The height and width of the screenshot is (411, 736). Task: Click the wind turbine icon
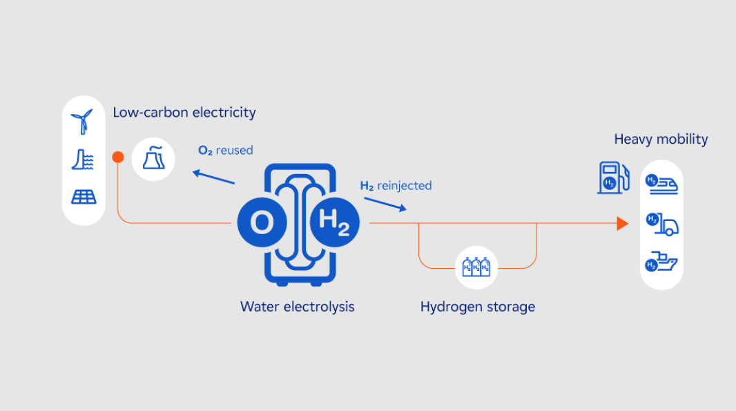(83, 122)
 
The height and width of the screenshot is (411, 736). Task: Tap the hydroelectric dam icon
(83, 160)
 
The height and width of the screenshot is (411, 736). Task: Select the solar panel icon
(84, 197)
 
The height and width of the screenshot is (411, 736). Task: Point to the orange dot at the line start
(118, 157)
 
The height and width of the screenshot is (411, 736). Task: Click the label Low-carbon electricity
(184, 112)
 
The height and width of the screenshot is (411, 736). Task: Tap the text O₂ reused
(225, 150)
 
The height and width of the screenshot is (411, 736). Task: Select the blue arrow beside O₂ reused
(213, 177)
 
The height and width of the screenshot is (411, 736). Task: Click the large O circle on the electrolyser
(261, 223)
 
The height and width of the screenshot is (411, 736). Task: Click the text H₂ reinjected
(396, 185)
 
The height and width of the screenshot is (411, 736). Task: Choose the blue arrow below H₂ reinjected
(385, 204)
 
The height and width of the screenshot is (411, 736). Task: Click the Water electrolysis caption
(297, 306)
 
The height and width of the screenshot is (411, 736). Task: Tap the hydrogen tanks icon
(476, 267)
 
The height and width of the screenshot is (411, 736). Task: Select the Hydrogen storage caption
(478, 306)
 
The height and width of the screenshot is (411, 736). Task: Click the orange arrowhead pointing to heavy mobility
(622, 223)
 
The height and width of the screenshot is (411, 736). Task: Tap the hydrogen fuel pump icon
(613, 177)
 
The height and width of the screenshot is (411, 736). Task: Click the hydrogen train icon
(661, 184)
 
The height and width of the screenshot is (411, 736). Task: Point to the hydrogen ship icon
(661, 262)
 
